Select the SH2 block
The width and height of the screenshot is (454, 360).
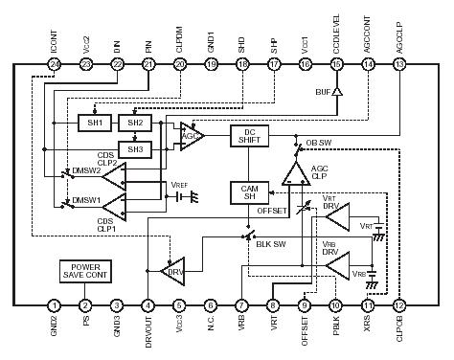[x=134, y=123]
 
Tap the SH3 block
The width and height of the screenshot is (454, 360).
[x=134, y=148]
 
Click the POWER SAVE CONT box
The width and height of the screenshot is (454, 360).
[x=85, y=272]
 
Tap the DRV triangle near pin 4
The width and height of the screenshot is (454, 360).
[x=175, y=270]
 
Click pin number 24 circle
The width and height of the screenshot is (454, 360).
[x=54, y=64]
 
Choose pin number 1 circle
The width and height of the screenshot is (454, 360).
[x=54, y=305]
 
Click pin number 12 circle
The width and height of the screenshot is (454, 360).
[x=399, y=305]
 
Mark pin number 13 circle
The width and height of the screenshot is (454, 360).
[x=399, y=64]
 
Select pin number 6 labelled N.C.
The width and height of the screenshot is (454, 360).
[x=211, y=305]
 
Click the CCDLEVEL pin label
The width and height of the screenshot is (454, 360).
[x=337, y=34]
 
